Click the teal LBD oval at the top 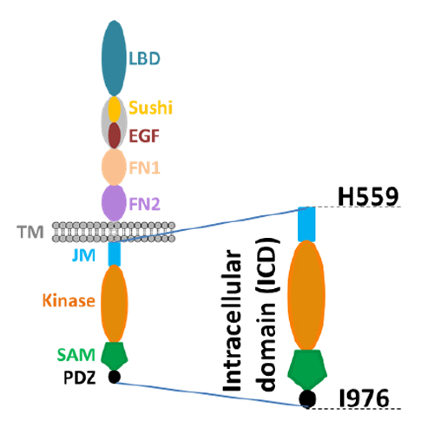click(114, 58)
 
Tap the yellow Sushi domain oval click(115, 109)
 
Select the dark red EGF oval click(115, 135)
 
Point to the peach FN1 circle click(114, 167)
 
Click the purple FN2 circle click(114, 203)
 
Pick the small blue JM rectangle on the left click(115, 253)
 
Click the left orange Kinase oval click(115, 303)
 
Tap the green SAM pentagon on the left click(115, 356)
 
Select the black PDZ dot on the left click(115, 377)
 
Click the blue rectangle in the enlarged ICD click(306, 224)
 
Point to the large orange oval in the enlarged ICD click(306, 295)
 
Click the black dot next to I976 click(307, 398)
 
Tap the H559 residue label click(368, 197)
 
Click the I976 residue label click(364, 398)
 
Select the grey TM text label click(30, 232)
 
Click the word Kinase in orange click(69, 300)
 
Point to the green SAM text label click(76, 355)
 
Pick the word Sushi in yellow click(150, 108)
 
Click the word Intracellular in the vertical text click(232, 320)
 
